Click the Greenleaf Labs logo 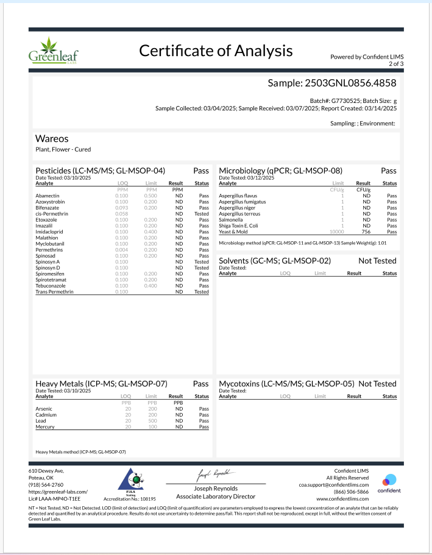pos(53,50)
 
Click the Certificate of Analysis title pos(216,51)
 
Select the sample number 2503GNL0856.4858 pos(333,83)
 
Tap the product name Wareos pos(52,139)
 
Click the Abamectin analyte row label pos(49,196)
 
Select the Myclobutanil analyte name pos(52,244)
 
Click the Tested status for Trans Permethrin pos(201,292)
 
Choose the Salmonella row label pos(231,220)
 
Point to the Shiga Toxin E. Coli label pos(241,226)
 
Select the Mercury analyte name pos(46,427)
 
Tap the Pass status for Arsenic pos(204,409)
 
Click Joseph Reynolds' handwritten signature pos(214,473)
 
